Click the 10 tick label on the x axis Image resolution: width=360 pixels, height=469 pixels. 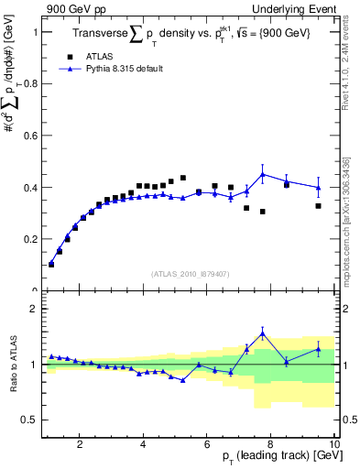pyautogui.click(x=334, y=445)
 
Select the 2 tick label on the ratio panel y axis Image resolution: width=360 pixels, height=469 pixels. pyautogui.click(x=32, y=309)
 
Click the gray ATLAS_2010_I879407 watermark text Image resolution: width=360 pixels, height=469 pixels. pyautogui.click(x=189, y=273)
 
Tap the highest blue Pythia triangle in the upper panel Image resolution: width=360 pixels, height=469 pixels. pyautogui.click(x=263, y=174)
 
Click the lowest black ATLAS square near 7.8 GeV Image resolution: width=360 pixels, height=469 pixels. pyautogui.click(x=262, y=212)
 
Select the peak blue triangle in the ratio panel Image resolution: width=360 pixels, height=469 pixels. pyautogui.click(x=263, y=333)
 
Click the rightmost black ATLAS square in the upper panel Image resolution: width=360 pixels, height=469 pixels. pyautogui.click(x=318, y=206)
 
